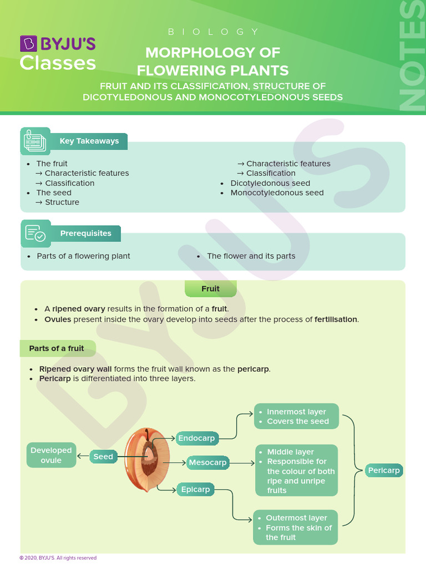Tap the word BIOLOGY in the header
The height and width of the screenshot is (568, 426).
click(213, 32)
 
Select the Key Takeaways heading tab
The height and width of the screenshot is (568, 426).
click(89, 141)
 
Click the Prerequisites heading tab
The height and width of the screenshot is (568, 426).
click(85, 234)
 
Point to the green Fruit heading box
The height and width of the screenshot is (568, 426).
click(211, 288)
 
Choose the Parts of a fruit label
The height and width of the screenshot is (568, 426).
click(57, 348)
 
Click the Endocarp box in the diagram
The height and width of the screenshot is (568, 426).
click(196, 438)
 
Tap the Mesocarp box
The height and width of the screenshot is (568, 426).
click(207, 462)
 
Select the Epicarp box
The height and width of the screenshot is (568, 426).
click(195, 489)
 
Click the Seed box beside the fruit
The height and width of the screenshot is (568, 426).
click(103, 457)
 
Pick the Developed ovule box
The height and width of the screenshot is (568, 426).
click(51, 455)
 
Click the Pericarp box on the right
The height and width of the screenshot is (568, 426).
click(384, 470)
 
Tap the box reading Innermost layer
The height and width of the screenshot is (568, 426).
click(296, 417)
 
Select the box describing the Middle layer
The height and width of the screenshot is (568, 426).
click(296, 470)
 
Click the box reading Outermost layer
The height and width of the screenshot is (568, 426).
click(295, 527)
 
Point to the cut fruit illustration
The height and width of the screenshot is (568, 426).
click(143, 460)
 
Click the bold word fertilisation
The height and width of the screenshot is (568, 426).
click(336, 319)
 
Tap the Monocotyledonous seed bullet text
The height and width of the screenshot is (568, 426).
click(277, 193)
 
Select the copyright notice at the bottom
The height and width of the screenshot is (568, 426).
click(58, 558)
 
